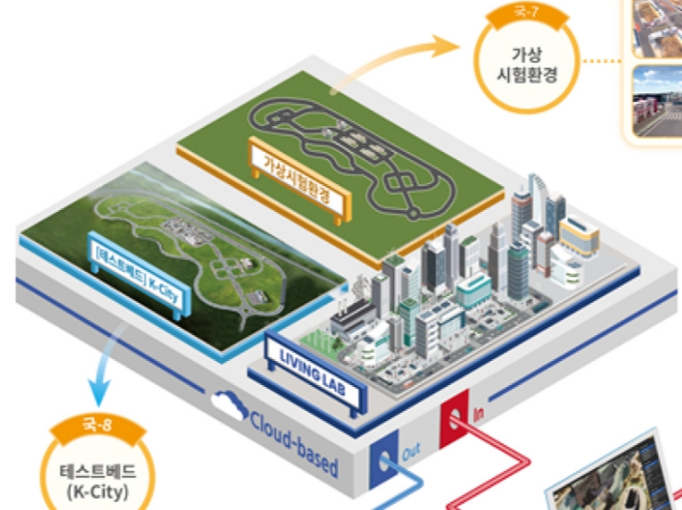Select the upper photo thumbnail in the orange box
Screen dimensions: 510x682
[658, 28]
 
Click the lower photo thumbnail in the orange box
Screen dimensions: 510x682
[658, 102]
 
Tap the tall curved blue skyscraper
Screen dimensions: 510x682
[554, 213]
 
